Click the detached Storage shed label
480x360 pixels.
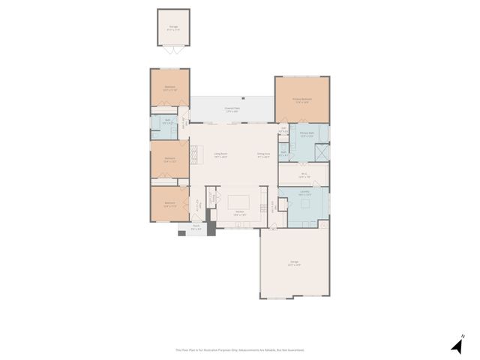174,27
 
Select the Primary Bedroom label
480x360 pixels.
301,101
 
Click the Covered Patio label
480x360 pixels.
232,109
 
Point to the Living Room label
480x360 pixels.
220,155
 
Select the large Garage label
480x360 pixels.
295,263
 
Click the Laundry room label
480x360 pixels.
304,193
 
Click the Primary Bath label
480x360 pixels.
306,136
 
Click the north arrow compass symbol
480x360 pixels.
457,345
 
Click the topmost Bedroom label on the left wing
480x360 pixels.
169,88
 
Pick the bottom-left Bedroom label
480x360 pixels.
169,203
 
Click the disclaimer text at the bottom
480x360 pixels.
240,349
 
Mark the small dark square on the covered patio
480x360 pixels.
244,98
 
